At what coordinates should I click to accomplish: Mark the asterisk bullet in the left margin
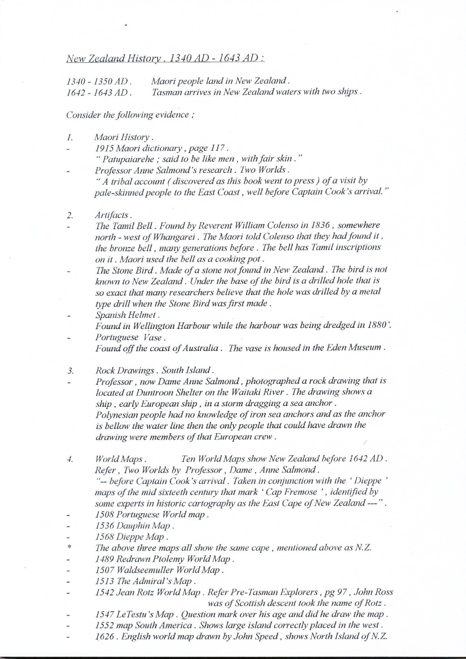pos(69,547)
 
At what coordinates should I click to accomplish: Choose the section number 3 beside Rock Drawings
pos(71,371)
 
